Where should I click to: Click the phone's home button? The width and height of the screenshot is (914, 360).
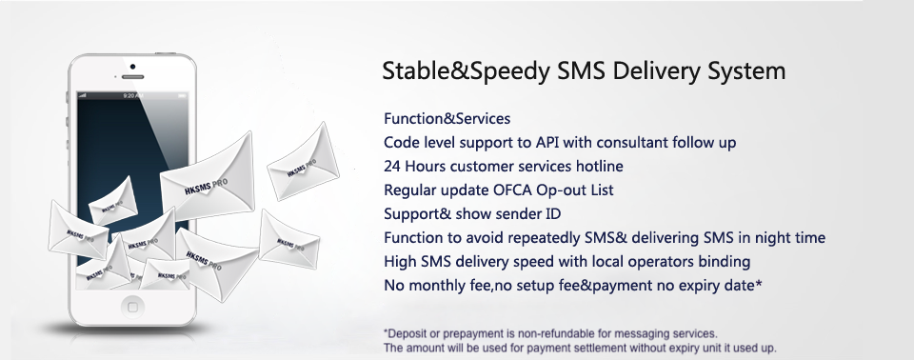click(132, 307)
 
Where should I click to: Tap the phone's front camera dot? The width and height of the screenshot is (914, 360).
click(133, 67)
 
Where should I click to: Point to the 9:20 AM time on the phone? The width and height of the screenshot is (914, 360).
click(133, 95)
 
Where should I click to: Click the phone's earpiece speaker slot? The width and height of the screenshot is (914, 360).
click(133, 77)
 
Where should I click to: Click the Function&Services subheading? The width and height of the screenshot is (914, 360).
click(447, 118)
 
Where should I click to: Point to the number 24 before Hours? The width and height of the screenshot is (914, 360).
click(391, 167)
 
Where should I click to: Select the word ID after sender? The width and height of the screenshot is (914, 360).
click(553, 214)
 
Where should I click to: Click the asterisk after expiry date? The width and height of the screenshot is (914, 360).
click(759, 283)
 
